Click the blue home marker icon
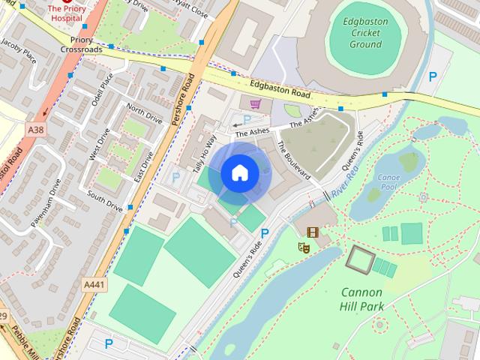[239, 173]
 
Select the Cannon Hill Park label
[361, 298]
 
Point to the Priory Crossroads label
[82, 43]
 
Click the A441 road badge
[94, 285]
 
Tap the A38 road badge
[36, 130]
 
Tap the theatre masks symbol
[305, 245]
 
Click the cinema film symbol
[312, 232]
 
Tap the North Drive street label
[144, 114]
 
